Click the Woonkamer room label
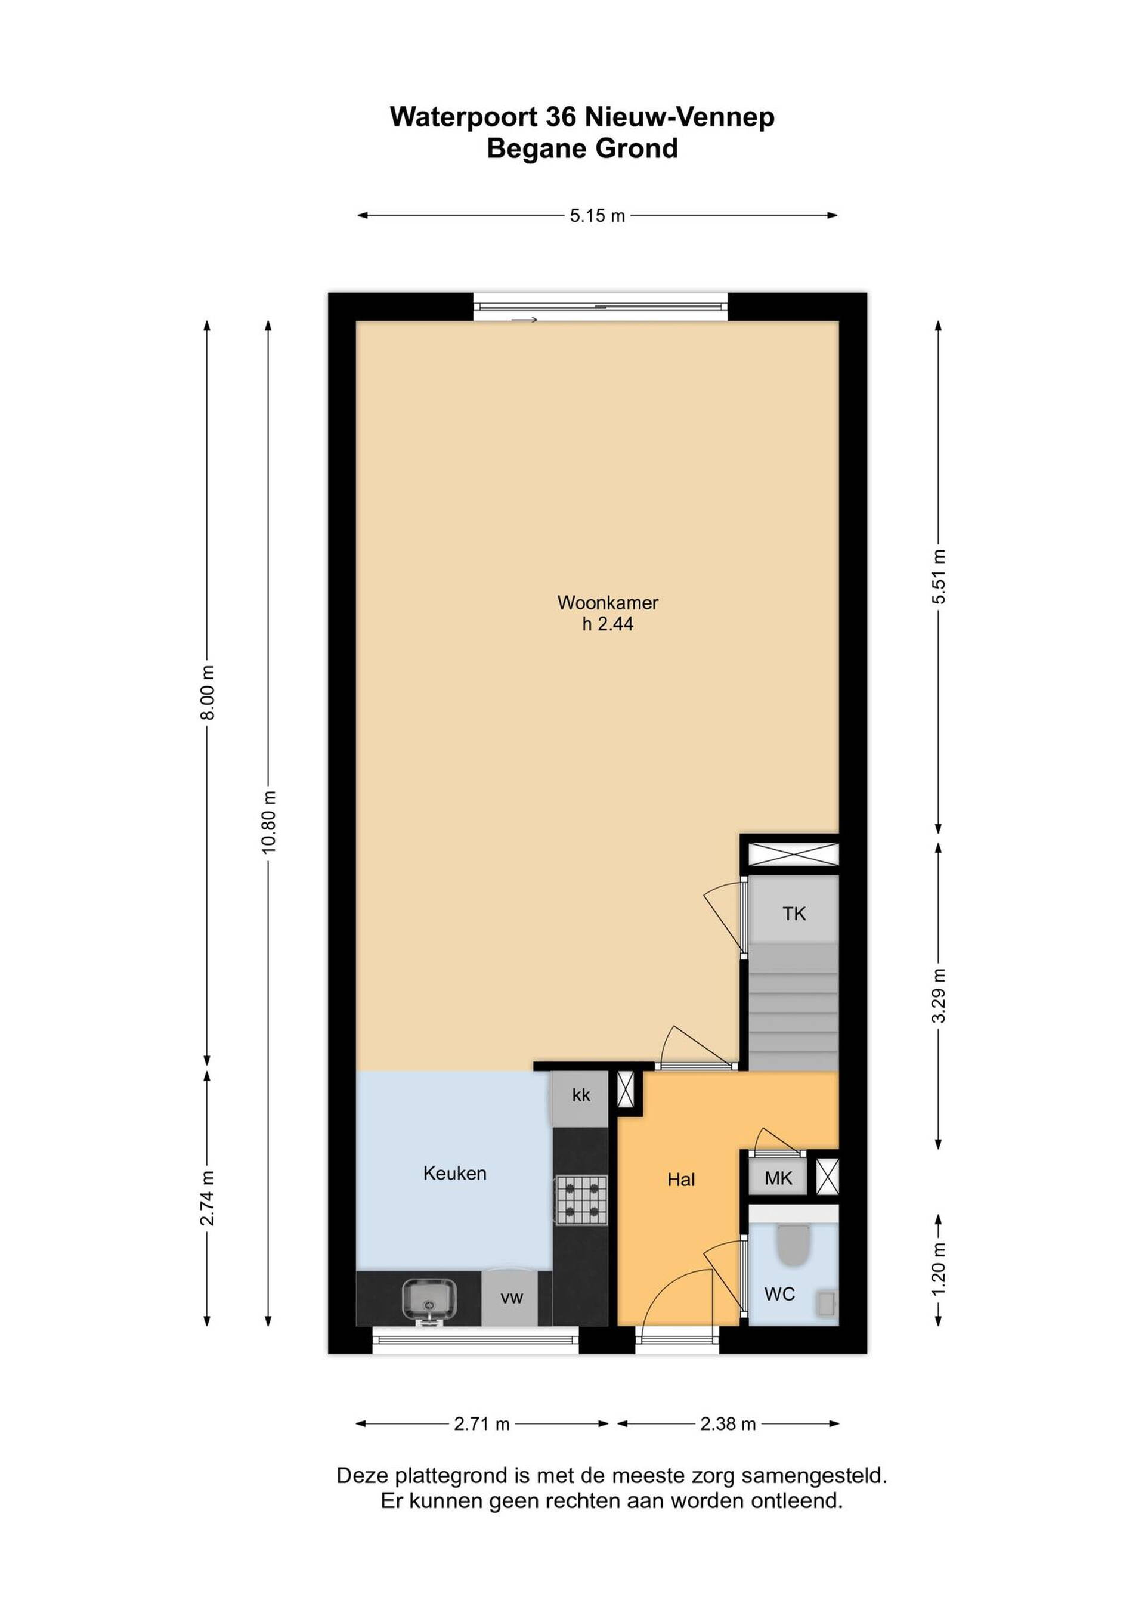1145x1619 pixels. pos(607,602)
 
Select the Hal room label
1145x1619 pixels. pos(681,1179)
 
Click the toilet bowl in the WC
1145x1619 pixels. pos(793,1246)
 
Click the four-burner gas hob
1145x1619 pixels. pos(581,1199)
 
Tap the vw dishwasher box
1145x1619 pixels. pos(511,1298)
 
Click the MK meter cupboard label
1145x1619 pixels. pos(778,1178)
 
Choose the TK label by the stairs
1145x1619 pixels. pos(794,914)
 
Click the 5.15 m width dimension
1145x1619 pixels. pos(597,216)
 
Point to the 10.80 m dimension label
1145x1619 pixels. pos(268,822)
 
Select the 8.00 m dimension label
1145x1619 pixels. pos(208,692)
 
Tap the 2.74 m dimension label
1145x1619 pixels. pos(208,1198)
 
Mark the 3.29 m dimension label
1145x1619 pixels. pos(939,995)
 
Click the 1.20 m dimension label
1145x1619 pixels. pos(939,1269)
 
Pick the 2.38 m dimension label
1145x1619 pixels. pos(728,1423)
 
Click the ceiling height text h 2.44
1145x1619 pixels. pos(607,624)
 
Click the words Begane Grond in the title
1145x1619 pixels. pos(583,149)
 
